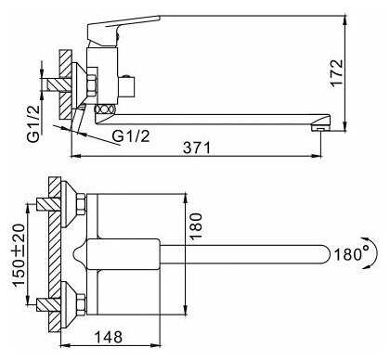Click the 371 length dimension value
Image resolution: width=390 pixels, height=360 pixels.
click(197, 148)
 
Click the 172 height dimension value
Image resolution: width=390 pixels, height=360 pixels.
click(336, 73)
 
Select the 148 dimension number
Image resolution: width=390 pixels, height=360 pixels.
click(108, 337)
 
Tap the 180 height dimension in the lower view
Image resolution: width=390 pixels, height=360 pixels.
click(196, 226)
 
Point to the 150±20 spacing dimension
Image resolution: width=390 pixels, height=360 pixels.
click(19, 255)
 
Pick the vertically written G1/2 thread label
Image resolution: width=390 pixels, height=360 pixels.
click(33, 123)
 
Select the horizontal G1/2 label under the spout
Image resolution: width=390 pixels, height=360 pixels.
click(131, 136)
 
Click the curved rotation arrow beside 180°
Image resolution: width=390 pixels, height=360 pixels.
click(374, 254)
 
